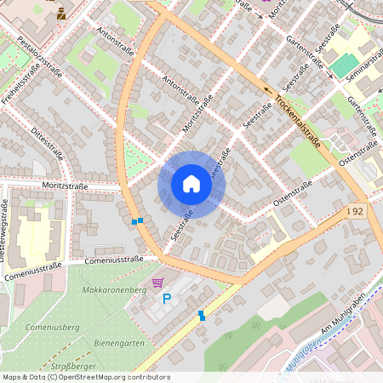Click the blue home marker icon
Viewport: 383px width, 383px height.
click(191, 185)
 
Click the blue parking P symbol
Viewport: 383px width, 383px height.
click(167, 299)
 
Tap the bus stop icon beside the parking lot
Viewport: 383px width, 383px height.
click(202, 316)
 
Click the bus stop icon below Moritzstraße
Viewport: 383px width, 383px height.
click(137, 221)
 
